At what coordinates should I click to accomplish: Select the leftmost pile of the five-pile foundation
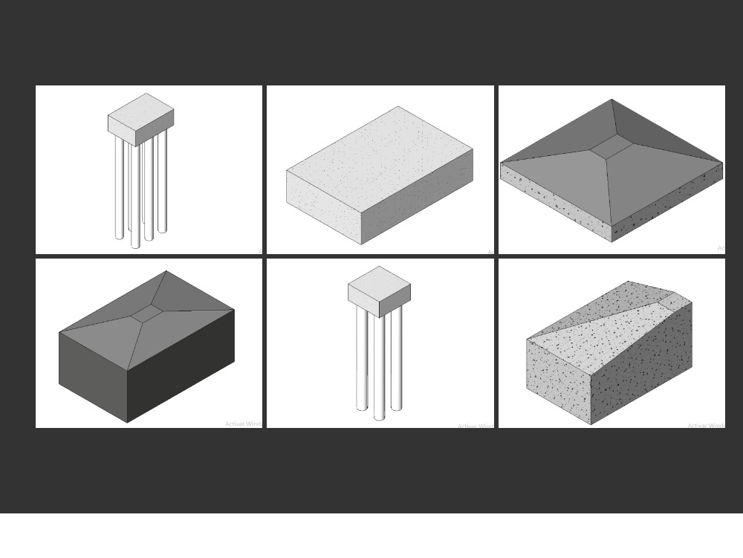(119, 189)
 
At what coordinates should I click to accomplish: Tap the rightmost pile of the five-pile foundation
(162, 182)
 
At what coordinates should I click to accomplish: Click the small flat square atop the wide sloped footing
(611, 148)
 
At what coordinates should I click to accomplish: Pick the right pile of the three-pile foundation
(396, 357)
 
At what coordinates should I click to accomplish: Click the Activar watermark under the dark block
(244, 424)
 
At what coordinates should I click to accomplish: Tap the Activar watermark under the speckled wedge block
(705, 426)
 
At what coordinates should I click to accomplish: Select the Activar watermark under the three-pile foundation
(475, 426)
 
